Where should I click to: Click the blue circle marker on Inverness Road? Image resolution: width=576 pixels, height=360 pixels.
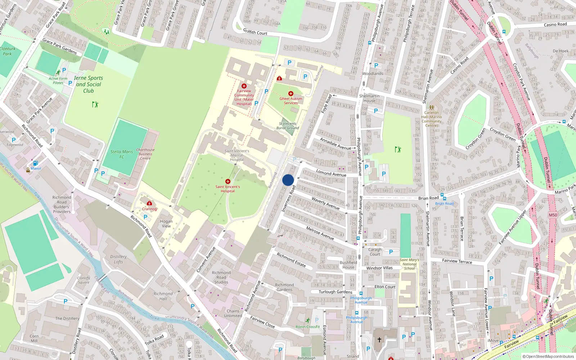(x=288, y=180)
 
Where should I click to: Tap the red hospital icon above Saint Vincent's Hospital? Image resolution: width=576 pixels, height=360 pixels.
(x=228, y=181)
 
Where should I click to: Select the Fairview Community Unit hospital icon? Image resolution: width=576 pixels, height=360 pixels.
(x=244, y=86)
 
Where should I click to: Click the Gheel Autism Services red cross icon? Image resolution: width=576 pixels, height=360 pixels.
(x=291, y=94)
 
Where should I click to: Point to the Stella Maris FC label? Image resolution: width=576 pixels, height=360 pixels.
(x=122, y=154)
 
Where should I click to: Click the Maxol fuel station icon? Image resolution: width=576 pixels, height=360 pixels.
(x=35, y=163)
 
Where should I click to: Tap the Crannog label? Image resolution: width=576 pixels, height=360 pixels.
(x=149, y=209)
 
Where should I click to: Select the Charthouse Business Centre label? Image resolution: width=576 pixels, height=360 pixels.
(x=145, y=154)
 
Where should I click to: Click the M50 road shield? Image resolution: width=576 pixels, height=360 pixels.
(x=553, y=215)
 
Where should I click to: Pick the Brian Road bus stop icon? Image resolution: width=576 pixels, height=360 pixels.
(x=444, y=198)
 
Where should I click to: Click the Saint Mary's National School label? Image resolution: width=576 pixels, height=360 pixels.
(x=409, y=264)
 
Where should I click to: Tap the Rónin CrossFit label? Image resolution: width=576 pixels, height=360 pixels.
(x=307, y=327)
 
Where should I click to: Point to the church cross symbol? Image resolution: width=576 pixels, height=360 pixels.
(x=379, y=339)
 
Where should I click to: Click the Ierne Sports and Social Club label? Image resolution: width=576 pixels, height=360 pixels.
(x=89, y=84)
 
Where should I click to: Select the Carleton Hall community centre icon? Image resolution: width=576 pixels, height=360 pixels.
(x=431, y=107)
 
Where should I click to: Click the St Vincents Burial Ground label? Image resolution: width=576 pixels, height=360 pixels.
(x=288, y=126)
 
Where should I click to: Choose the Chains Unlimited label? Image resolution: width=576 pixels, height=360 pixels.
(x=233, y=313)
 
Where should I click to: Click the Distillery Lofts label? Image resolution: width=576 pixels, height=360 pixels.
(x=118, y=259)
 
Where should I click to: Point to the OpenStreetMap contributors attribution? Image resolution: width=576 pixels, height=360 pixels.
(x=550, y=356)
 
